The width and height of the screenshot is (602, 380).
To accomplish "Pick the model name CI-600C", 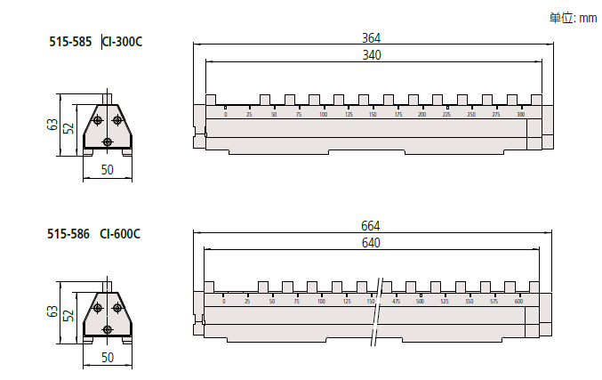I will tap(120, 234).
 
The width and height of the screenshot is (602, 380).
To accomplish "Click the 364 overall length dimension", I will tap(372, 37).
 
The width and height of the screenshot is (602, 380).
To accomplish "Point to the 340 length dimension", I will tap(372, 55).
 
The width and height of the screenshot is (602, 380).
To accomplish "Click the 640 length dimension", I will tap(372, 242).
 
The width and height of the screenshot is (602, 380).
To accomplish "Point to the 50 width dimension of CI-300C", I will tap(107, 170).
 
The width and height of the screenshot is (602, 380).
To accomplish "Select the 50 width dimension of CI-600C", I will tap(107, 357).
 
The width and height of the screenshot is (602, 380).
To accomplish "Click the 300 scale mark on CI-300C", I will tap(521, 116).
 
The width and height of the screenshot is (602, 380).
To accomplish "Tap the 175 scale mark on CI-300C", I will tap(397, 116).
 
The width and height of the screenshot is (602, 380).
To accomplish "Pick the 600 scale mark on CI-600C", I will tap(518, 303).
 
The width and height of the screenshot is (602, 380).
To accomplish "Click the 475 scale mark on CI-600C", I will tap(396, 303).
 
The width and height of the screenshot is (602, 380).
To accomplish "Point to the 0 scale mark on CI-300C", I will tap(226, 116).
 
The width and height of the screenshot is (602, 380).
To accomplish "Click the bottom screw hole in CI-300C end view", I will tap(108, 141).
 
